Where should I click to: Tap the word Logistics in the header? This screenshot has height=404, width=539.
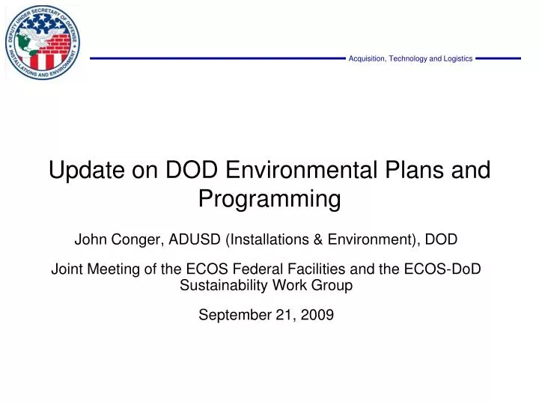click(x=456, y=58)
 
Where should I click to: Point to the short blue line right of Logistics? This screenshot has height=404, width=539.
click(x=498, y=58)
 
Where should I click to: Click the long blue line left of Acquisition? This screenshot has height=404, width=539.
click(x=217, y=58)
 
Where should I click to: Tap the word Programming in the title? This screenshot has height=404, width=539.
click(x=269, y=199)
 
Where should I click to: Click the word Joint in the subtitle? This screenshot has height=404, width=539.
click(x=66, y=270)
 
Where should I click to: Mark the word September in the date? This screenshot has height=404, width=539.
click(x=231, y=315)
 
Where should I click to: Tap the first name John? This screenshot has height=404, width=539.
click(x=90, y=239)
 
